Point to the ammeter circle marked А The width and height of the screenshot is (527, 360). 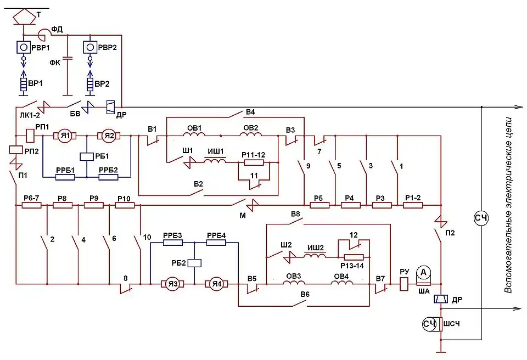click(x=423, y=272)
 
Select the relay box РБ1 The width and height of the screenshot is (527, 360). click(x=87, y=156)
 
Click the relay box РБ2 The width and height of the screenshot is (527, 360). click(x=194, y=262)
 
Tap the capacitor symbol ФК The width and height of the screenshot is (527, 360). click(x=67, y=58)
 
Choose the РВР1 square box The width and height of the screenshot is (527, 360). click(x=23, y=47)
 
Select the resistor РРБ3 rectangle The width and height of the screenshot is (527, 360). click(x=172, y=243)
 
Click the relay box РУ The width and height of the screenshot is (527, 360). click(x=404, y=284)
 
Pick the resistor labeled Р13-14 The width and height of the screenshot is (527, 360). click(x=354, y=257)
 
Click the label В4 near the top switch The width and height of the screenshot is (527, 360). click(x=250, y=113)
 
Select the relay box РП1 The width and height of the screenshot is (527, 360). click(x=31, y=134)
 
